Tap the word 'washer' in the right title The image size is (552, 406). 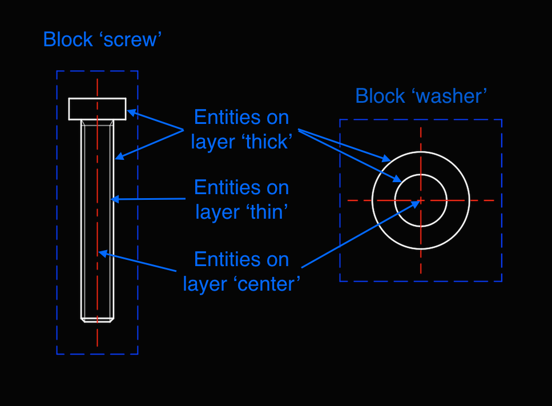452,96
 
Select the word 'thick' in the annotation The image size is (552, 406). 267,142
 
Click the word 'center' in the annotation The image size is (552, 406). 269,283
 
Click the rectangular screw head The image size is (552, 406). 97,108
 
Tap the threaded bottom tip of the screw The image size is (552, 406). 97,320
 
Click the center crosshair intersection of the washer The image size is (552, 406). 421,200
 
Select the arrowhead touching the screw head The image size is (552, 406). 130,112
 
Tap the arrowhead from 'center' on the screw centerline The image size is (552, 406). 102,252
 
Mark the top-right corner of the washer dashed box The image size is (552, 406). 502,120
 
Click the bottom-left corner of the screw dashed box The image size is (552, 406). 57,354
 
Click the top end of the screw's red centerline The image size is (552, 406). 97,79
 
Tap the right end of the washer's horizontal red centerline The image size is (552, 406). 494,200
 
